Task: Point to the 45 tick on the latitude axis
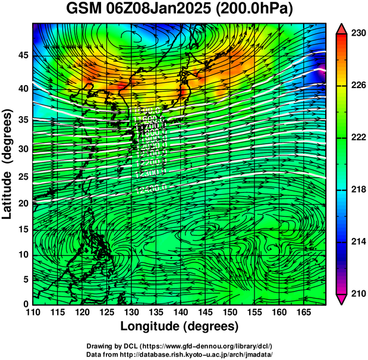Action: click(x=21, y=55)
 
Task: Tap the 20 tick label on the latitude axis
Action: click(x=21, y=203)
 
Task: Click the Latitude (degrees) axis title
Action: click(x=8, y=164)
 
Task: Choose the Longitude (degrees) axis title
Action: click(x=180, y=326)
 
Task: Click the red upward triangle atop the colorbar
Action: click(x=341, y=29)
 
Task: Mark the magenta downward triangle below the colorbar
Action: click(x=341, y=299)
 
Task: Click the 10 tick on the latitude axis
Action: click(x=21, y=254)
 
